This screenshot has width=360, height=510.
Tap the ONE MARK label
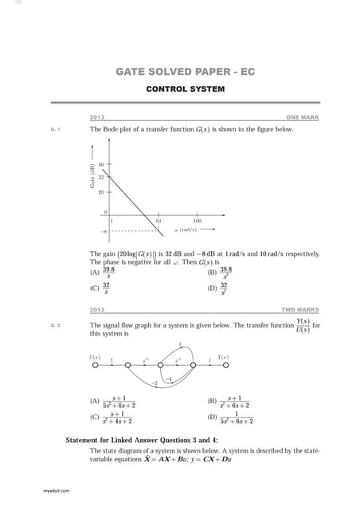click(304, 118)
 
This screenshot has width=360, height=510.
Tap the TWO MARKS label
click(301, 309)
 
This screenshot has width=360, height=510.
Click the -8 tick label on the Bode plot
click(103, 230)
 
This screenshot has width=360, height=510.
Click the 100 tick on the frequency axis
click(197, 220)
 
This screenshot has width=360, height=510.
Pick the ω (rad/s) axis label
click(188, 229)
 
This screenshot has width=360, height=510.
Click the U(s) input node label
click(96, 356)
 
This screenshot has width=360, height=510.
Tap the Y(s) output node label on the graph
click(224, 356)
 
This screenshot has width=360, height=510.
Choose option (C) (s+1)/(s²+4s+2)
click(113, 417)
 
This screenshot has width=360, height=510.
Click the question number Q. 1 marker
click(55, 129)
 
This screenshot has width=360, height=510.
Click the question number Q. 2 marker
click(55, 326)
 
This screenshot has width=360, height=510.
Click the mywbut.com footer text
click(55, 489)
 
